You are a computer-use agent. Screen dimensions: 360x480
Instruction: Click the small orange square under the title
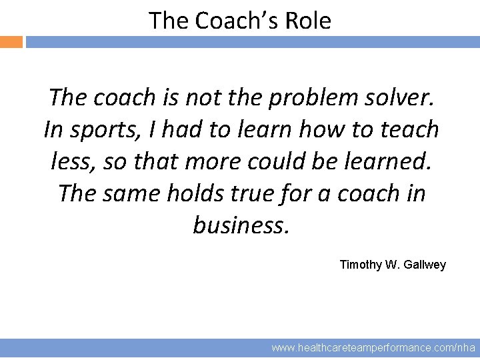[11, 42]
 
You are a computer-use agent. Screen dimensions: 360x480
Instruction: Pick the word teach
[407, 129]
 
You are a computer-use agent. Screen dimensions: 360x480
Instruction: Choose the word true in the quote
[263, 193]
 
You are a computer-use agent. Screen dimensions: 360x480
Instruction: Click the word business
[241, 225]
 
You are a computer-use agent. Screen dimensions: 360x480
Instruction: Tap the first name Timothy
[361, 265]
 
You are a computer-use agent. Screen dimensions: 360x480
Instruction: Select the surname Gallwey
[425, 265]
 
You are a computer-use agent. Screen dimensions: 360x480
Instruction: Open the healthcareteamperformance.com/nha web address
[373, 348]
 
